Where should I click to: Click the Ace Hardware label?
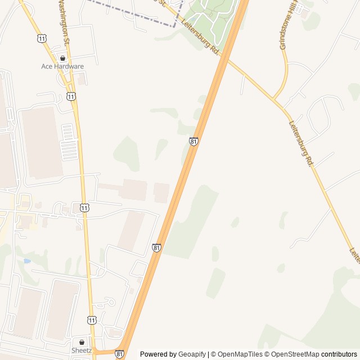coord(62,66)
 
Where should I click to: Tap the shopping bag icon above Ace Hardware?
coord(62,58)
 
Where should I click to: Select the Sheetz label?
coord(82,350)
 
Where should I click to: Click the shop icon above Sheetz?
coord(82,342)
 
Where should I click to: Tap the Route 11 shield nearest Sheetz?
coord(91,320)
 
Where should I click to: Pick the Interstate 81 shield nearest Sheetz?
coord(119,354)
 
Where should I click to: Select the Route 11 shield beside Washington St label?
coord(43,37)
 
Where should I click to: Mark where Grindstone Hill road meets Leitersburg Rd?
coord(274,99)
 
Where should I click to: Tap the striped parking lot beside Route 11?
coord(69,142)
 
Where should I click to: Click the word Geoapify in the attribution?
coord(192,354)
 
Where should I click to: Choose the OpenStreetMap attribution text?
coord(295,354)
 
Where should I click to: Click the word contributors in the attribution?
coord(339,354)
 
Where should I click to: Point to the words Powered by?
coord(158,354)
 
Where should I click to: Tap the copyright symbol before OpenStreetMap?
coord(267,354)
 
